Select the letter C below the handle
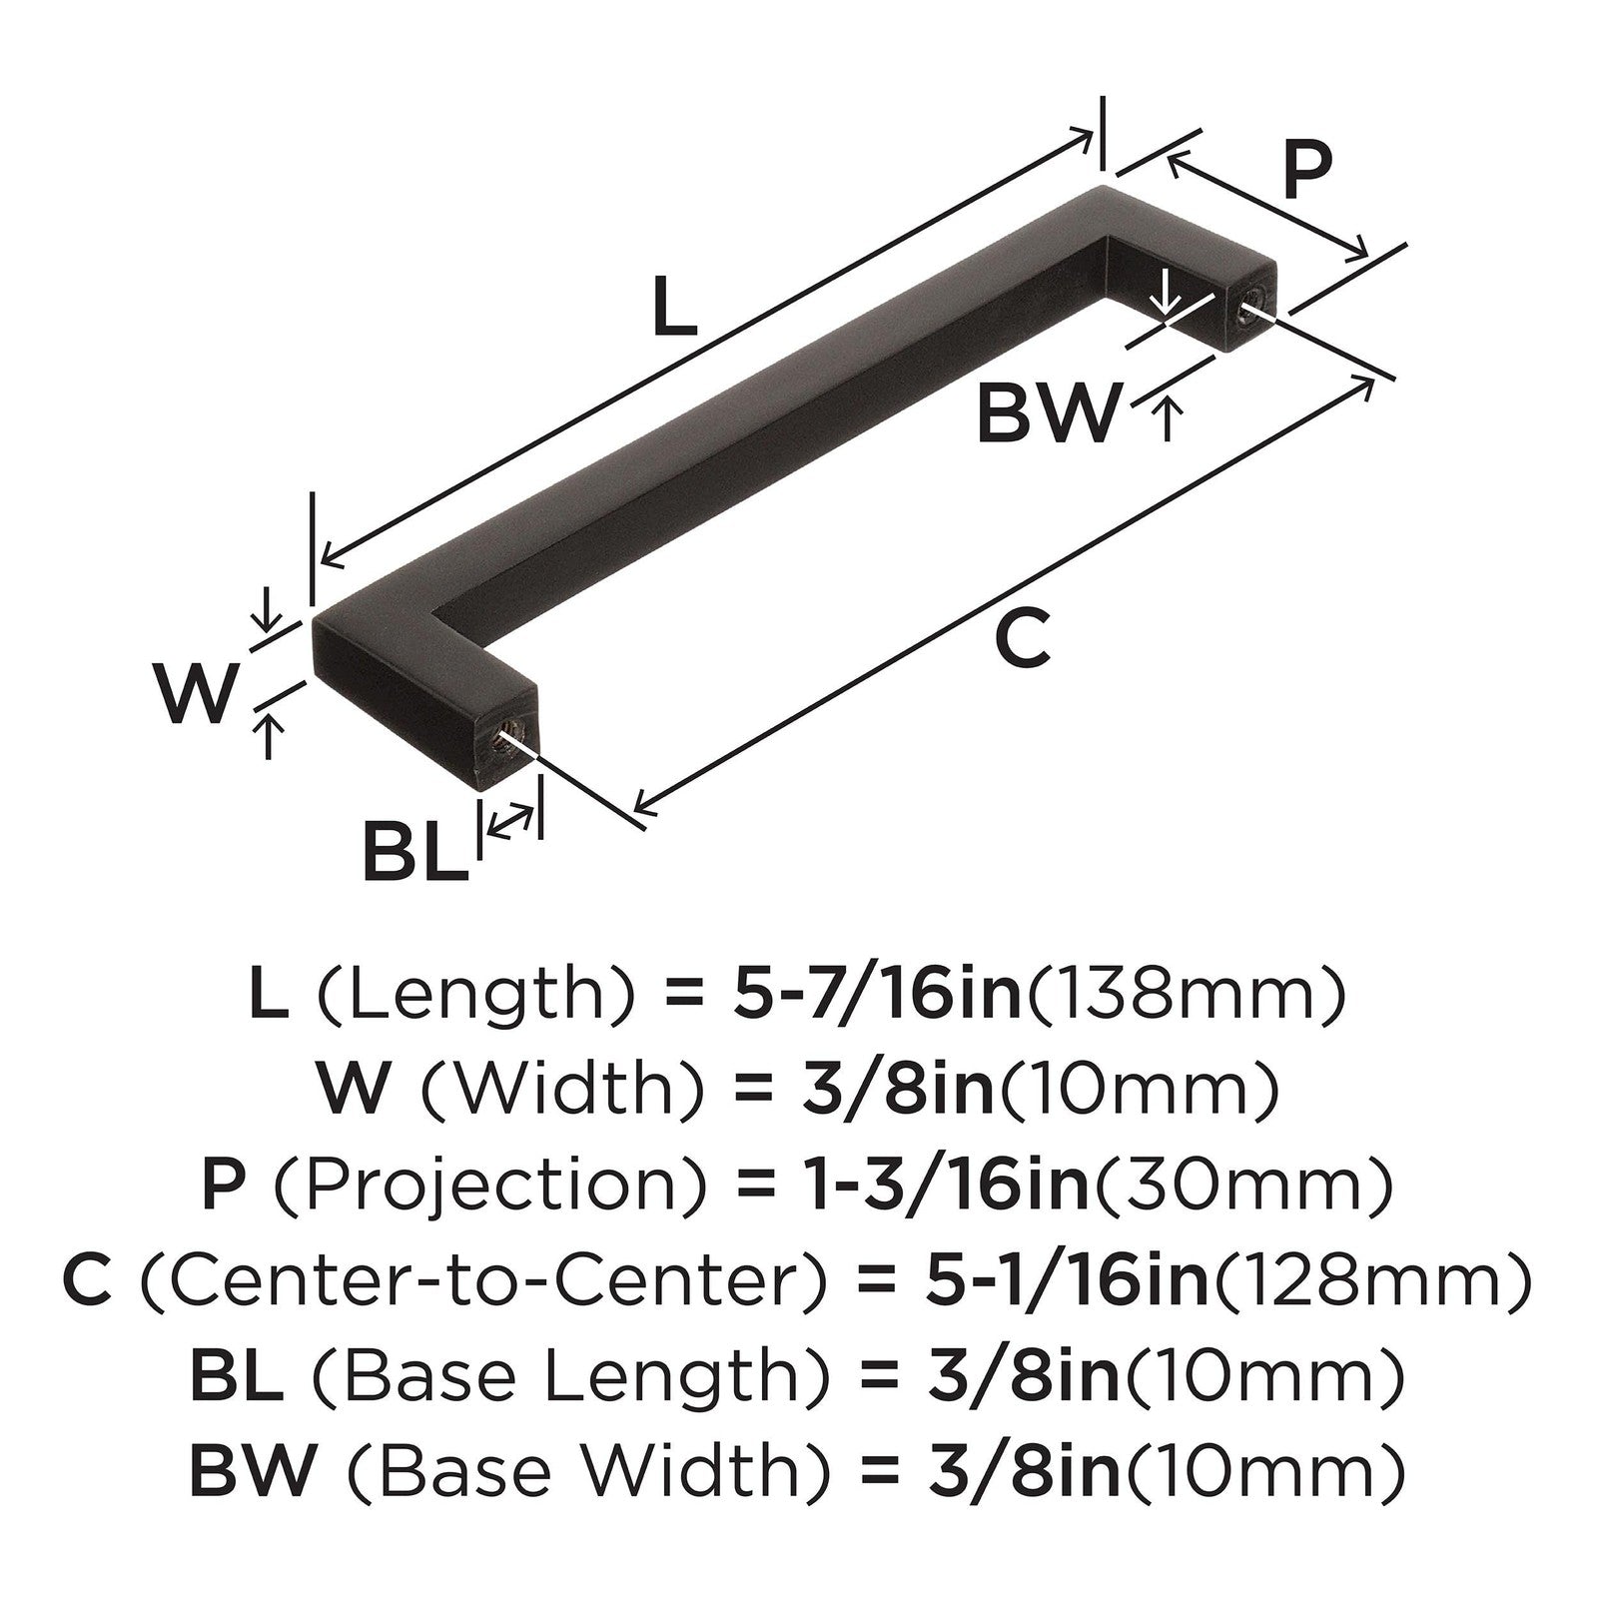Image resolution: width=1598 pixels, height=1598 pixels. pos(1023,639)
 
